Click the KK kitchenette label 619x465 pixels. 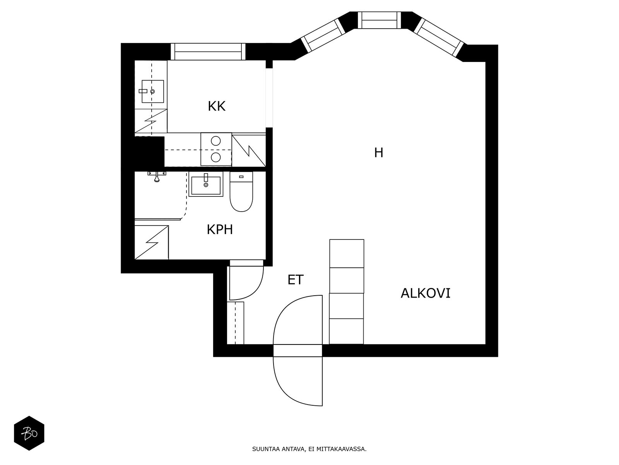[216, 107]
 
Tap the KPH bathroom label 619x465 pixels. [220, 230]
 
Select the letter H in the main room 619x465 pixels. [378, 153]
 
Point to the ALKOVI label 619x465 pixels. [425, 293]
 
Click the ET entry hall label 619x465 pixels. [295, 280]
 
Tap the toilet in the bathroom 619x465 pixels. [241, 192]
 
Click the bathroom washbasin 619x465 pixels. [206, 185]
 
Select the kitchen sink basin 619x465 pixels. [152, 91]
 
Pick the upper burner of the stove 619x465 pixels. [216, 141]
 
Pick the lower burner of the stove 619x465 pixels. [216, 157]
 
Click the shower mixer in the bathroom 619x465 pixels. [157, 176]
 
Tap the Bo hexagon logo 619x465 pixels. [29, 433]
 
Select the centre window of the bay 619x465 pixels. [379, 20]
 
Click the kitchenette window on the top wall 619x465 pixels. [208, 52]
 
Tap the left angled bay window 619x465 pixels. [323, 36]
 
